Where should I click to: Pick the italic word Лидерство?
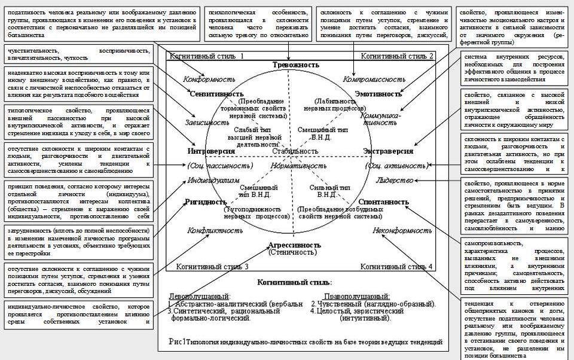(395, 179)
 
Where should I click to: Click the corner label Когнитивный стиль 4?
(396, 266)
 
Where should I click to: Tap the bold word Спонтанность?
(383, 202)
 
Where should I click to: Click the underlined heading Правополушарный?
(357, 297)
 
